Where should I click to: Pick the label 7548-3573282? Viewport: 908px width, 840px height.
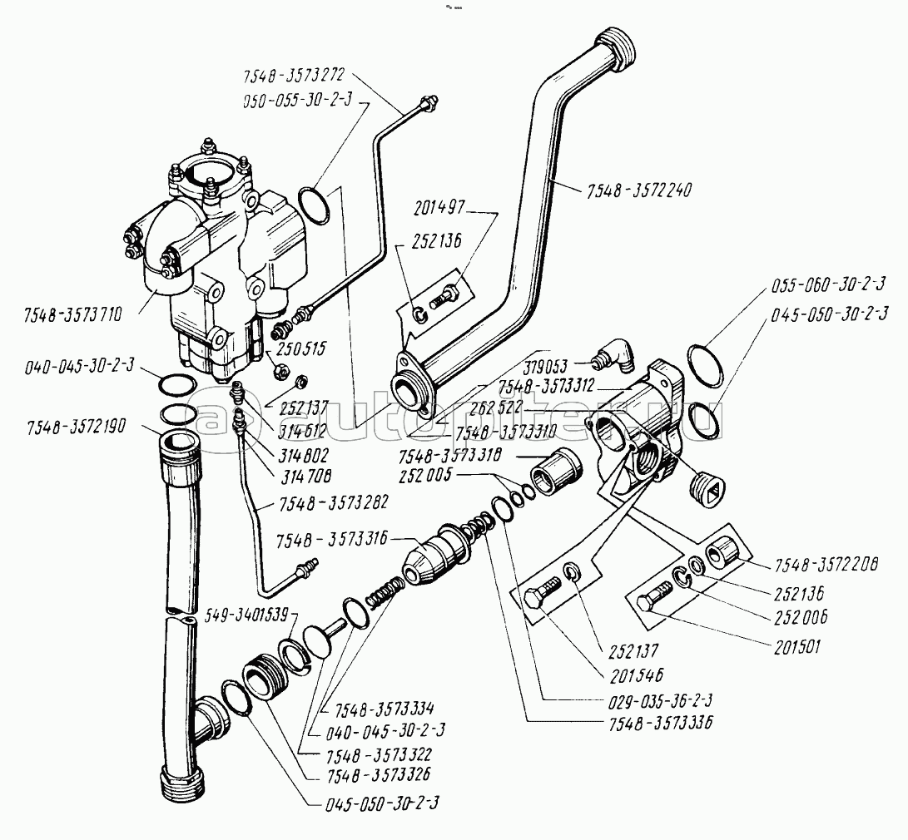click(310, 505)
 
